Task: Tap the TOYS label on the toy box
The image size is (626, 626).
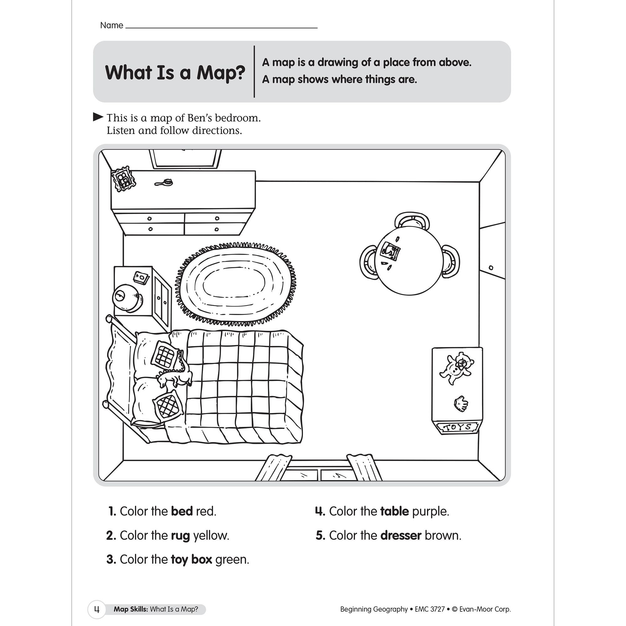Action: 457,427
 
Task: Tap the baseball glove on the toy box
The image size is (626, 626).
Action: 460,403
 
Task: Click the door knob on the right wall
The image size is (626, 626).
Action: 491,268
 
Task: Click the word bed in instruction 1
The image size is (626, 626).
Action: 182,511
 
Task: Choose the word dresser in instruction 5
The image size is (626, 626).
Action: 401,535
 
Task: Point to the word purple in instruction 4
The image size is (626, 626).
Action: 431,511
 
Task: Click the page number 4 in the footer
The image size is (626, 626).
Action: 96,609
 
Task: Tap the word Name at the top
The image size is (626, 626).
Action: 111,25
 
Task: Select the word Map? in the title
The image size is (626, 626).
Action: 220,72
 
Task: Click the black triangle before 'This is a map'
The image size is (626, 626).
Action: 98,117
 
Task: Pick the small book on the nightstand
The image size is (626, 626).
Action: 141,277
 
